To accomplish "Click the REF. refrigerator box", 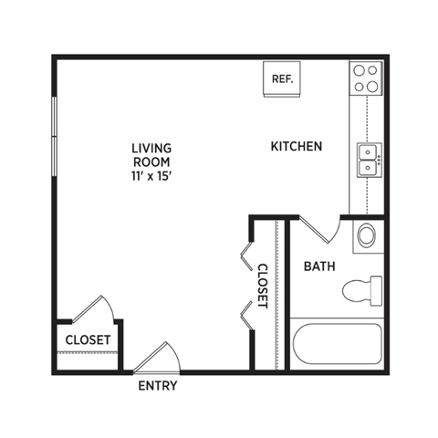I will coord(281,78).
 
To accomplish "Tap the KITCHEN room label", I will coord(297,146).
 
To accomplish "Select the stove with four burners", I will coord(366,78).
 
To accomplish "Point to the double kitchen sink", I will coord(368,161).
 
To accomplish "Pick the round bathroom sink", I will coord(365,235).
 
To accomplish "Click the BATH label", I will coord(318,267).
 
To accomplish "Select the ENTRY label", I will coord(157,386).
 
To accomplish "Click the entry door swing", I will coord(155,358).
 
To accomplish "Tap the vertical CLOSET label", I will coord(262,287).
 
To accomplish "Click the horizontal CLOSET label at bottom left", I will coord(88,340).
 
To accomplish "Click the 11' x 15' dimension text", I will coord(151,176).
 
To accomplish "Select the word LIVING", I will coord(151,147).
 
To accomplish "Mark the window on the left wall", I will coord(54,137).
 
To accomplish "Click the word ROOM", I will coord(151,162).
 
